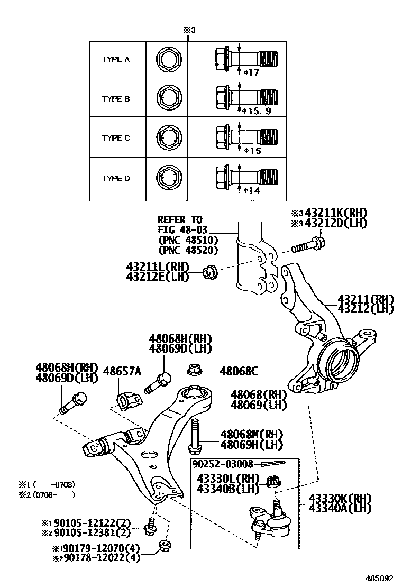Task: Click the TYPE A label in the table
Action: [116, 59]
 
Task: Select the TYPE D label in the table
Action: [116, 179]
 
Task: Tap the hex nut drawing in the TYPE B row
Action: [170, 98]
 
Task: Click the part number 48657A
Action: [122, 371]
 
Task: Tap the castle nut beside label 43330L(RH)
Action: [275, 481]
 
